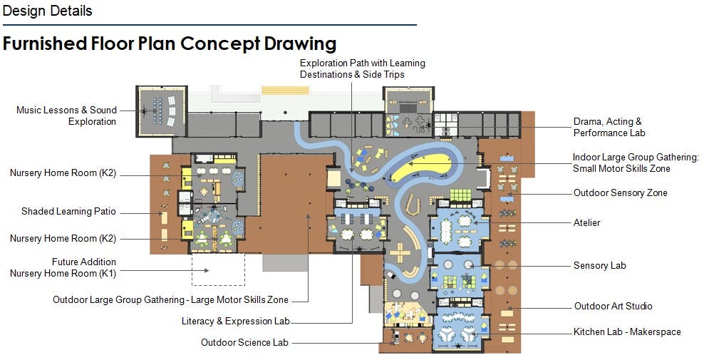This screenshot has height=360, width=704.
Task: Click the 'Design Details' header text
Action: (47, 11)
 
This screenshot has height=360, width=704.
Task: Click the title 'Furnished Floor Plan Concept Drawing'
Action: (170, 43)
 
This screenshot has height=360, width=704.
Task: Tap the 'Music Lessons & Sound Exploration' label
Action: (66, 115)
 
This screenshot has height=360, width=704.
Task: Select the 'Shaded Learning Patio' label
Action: (68, 211)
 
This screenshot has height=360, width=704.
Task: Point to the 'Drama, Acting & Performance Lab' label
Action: (609, 127)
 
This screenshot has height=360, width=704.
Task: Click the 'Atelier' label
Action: (587, 222)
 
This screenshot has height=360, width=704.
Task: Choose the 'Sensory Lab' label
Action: (599, 265)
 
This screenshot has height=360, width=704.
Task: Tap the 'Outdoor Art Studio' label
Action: (614, 306)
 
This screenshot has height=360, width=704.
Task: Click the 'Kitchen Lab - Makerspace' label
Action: (627, 331)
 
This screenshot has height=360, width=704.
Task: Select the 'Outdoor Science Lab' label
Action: (244, 342)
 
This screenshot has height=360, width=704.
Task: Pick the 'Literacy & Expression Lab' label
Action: (236, 321)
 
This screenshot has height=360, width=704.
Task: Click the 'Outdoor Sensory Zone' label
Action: (621, 192)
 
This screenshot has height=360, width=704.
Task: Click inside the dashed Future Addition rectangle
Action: (218, 269)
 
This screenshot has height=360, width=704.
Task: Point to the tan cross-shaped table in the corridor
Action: (400, 252)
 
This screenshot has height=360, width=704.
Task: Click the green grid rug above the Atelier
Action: (460, 195)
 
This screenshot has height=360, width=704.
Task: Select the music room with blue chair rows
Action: (161, 111)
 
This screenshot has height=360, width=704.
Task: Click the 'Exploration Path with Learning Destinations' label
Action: (362, 68)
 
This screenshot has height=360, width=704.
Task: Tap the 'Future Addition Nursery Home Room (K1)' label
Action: (63, 267)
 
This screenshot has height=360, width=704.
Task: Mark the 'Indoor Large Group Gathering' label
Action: (636, 163)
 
